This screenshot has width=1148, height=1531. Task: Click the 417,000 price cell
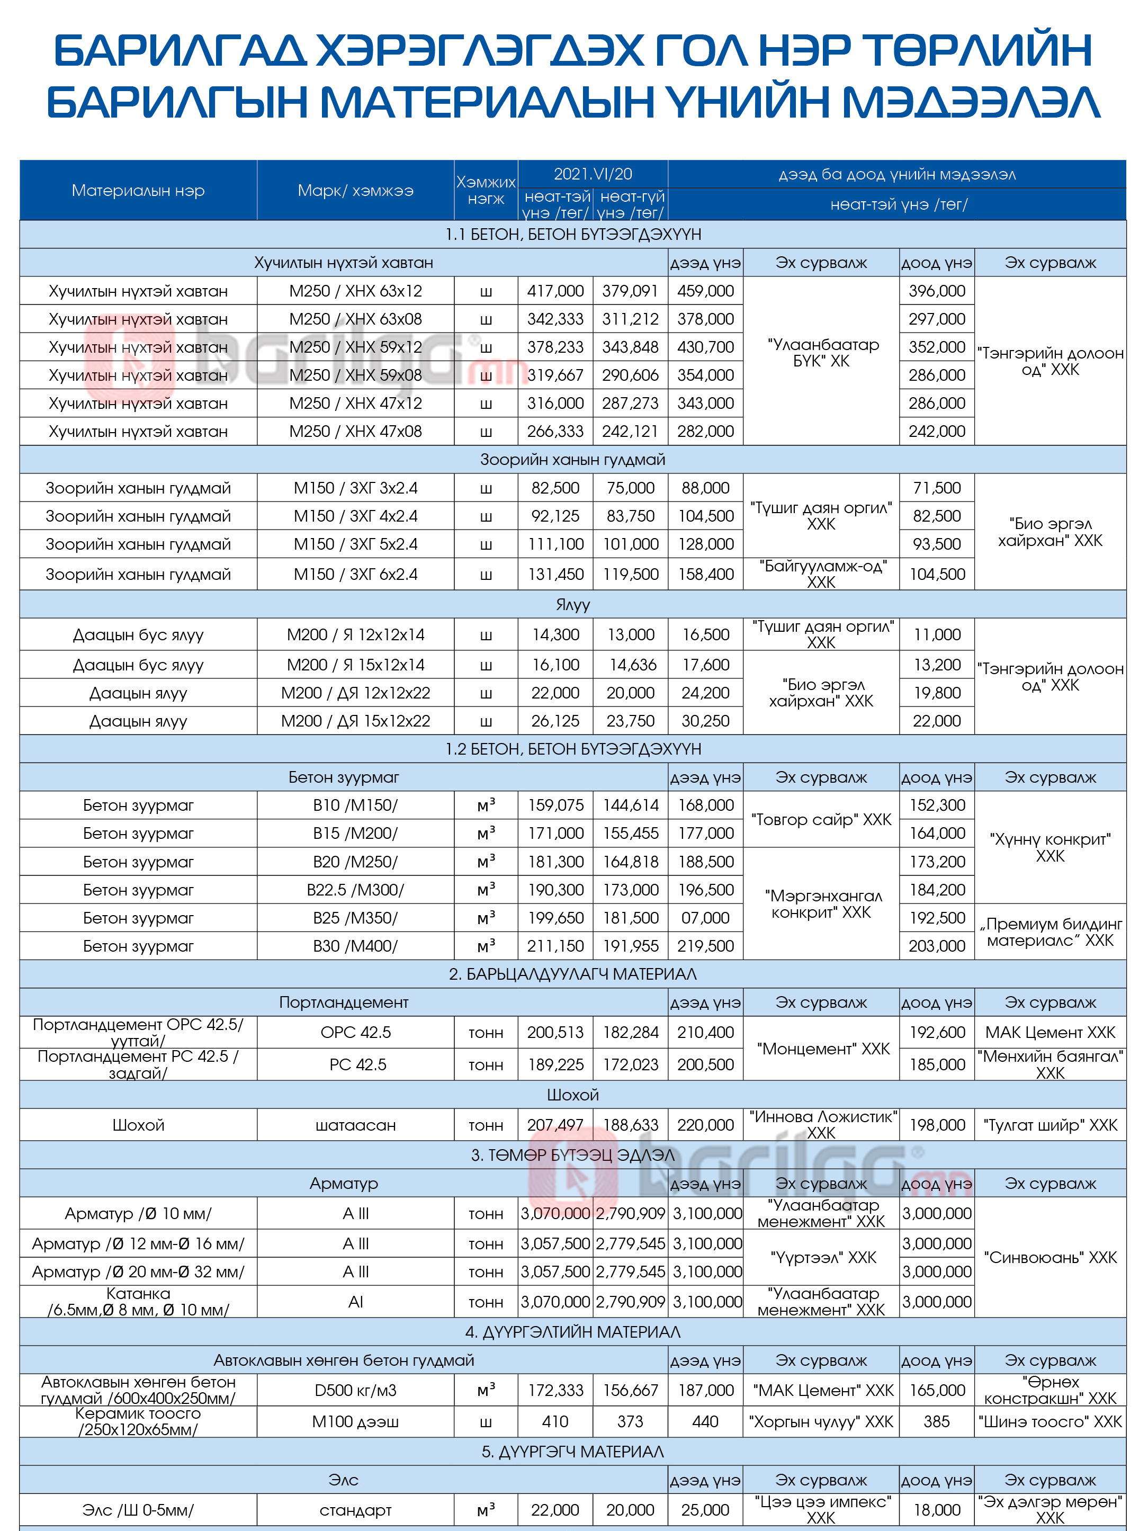[555, 291]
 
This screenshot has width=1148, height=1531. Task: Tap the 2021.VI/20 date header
[593, 174]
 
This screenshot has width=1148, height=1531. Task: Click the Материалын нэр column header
[138, 190]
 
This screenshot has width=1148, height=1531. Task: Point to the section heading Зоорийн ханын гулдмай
[572, 460]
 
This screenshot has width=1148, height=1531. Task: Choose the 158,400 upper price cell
[705, 574]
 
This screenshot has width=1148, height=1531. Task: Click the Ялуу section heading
[572, 604]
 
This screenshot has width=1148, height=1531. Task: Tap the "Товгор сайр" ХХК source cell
[821, 819]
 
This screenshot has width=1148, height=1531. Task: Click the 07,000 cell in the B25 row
[705, 918]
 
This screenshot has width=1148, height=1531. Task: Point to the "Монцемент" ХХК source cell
[821, 1049]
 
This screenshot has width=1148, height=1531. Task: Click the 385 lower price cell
[936, 1421]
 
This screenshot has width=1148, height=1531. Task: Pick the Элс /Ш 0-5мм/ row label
[138, 1509]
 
